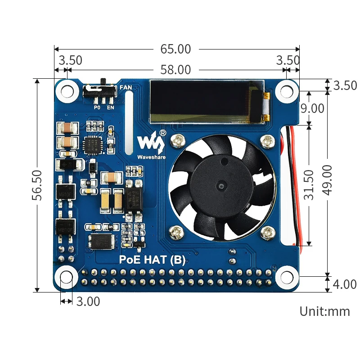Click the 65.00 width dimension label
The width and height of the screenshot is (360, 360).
coord(175,49)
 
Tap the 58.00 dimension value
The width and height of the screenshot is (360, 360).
coord(175,70)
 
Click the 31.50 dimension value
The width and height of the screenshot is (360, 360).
coord(309,184)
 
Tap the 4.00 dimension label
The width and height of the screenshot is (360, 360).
coord(345,284)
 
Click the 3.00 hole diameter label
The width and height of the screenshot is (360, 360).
coord(88,301)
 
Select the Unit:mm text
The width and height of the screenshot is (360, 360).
coord(324,311)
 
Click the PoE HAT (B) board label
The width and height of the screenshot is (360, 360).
coord(152,260)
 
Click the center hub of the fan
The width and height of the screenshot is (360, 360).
coord(221,185)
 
